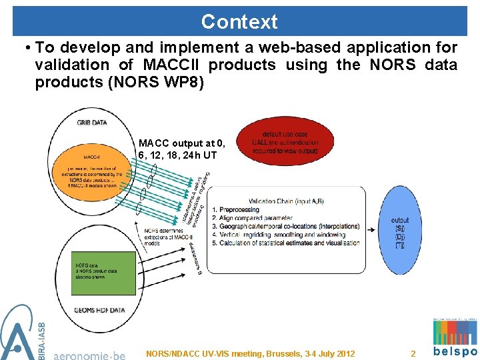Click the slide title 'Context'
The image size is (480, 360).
239,21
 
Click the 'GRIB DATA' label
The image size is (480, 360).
92,123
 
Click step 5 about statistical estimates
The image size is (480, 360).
285,243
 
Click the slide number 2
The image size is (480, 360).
413,353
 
